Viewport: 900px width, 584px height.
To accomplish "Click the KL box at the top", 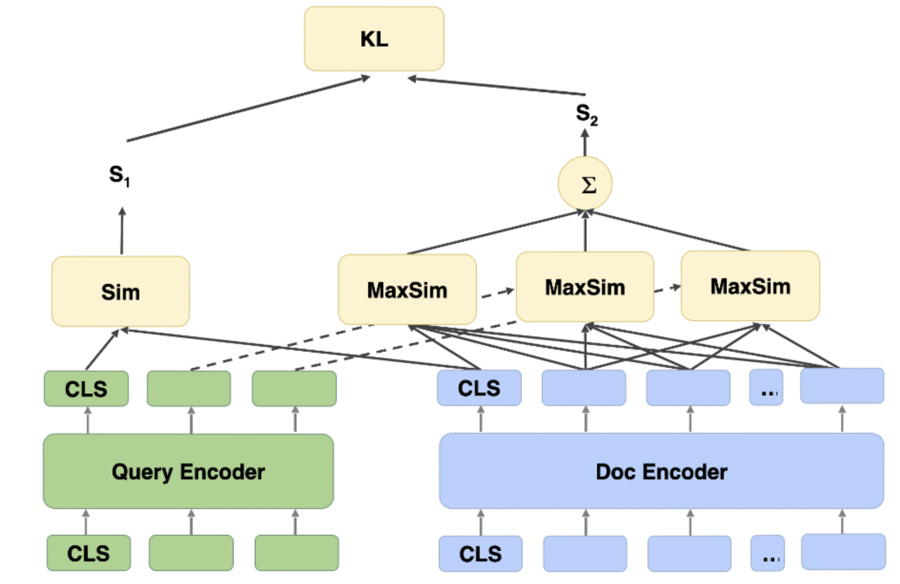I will [374, 39].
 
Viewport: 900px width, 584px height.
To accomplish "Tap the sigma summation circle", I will [585, 182].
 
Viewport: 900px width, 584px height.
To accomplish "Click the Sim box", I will [120, 291].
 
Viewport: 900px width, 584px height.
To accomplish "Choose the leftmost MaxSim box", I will [407, 290].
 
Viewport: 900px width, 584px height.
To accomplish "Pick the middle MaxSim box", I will [584, 286].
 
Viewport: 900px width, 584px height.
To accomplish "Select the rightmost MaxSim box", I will [750, 285].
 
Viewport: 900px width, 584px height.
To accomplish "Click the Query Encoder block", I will [188, 471].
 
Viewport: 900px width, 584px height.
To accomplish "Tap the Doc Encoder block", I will [661, 471].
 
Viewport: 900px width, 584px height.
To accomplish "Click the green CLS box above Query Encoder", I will [86, 389].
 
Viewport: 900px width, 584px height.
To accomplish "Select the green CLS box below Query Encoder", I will [89, 553].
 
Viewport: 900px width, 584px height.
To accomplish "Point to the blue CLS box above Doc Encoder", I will [479, 388].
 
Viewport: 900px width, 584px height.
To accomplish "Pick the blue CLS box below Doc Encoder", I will [480, 554].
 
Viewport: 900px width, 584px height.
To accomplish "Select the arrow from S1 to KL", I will [249, 108].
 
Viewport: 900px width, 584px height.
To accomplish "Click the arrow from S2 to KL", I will [496, 86].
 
